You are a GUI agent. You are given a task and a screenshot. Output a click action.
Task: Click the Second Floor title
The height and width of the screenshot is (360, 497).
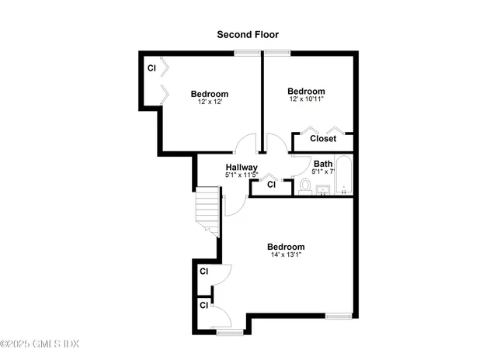click(x=248, y=34)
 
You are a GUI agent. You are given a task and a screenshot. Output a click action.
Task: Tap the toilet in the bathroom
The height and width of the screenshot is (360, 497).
click(x=305, y=187)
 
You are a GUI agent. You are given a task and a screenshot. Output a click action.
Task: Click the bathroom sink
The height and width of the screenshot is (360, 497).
click(x=323, y=190)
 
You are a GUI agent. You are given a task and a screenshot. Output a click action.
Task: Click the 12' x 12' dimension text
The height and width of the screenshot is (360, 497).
click(x=210, y=102)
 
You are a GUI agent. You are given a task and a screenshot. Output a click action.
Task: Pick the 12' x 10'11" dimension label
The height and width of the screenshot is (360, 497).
click(x=306, y=99)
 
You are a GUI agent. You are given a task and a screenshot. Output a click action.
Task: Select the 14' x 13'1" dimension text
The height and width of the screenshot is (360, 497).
click(x=286, y=254)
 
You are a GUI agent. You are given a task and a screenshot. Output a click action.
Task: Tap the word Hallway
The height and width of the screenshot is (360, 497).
click(x=242, y=167)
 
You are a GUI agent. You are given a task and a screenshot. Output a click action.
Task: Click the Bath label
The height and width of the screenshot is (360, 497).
click(x=323, y=164)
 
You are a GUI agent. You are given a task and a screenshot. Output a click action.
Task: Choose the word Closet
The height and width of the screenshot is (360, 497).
click(x=323, y=138)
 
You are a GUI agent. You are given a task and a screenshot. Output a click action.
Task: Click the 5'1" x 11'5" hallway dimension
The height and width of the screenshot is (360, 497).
click(x=242, y=175)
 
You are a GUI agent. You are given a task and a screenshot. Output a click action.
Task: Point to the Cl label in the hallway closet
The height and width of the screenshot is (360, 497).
click(x=271, y=185)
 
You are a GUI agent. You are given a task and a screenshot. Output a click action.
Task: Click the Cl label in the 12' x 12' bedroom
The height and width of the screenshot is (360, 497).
click(x=152, y=68)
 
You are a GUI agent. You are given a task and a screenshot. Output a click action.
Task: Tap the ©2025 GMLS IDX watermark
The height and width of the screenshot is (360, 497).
click(x=40, y=344)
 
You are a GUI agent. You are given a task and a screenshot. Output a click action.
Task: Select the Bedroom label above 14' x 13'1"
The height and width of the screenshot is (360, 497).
click(x=286, y=247)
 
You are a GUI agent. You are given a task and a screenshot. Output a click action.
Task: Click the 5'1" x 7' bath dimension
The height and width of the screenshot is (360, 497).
click(x=323, y=171)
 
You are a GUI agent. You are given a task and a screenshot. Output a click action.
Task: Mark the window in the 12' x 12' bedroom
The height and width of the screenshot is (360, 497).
click(x=247, y=53)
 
